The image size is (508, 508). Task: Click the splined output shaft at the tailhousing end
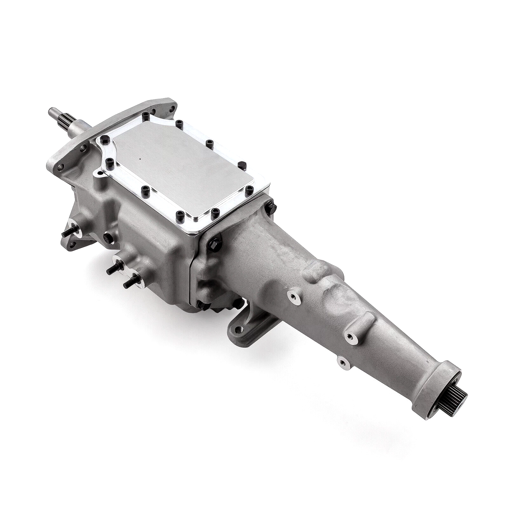click(443, 410)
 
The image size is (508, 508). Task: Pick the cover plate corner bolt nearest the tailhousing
click(249, 189)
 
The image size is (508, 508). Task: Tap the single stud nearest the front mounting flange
click(65, 233)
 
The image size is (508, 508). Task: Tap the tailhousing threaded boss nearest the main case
click(291, 296)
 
